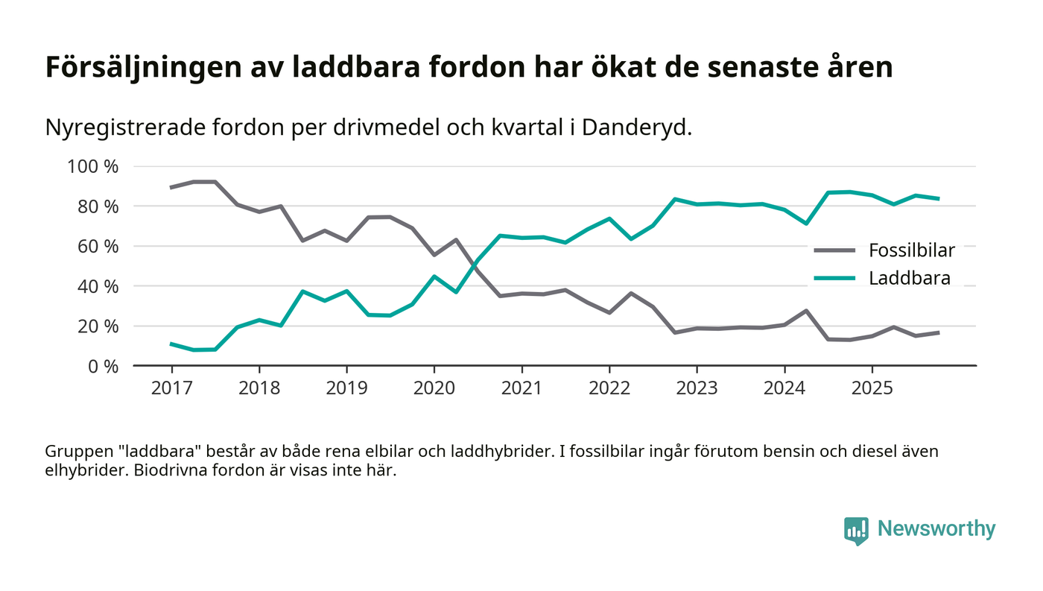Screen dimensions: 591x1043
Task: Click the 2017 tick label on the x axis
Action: (171, 389)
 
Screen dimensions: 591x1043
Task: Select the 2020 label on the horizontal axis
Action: (434, 389)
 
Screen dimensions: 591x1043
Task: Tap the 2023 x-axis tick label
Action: (697, 389)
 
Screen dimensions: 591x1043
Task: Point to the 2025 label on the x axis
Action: (872, 389)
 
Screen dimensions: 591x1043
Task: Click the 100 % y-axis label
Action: (93, 166)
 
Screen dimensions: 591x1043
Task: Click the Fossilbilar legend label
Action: (912, 250)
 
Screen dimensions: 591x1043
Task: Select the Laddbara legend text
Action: (910, 279)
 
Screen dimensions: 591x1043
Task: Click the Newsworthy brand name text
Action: (936, 529)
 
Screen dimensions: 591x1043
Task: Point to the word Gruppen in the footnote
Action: (75, 452)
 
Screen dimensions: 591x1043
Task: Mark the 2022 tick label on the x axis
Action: (609, 389)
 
